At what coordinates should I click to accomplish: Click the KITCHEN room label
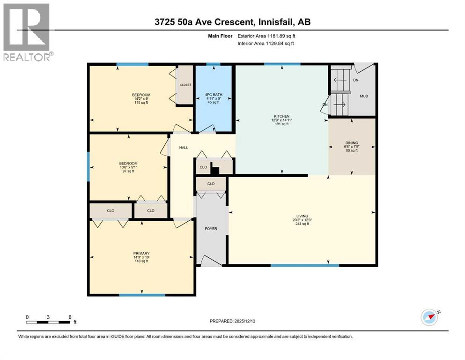(281, 116)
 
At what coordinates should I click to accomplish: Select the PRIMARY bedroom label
(140, 253)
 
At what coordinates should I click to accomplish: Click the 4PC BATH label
(214, 95)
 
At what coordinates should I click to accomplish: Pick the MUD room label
(364, 96)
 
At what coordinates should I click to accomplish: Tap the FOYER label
(211, 229)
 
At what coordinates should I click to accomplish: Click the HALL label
(184, 148)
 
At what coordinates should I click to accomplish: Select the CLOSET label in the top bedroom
(185, 85)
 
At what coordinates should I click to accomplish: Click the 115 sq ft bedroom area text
(141, 103)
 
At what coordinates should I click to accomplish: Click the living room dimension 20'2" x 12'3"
(302, 220)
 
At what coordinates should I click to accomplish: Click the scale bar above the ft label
(49, 322)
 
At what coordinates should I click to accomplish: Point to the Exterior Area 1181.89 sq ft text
(267, 36)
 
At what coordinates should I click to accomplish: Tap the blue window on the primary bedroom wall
(142, 295)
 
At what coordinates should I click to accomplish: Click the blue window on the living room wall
(304, 266)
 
